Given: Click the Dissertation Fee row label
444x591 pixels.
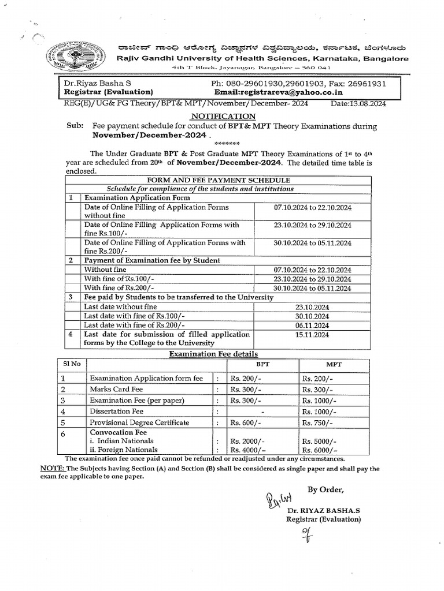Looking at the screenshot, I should (x=116, y=412).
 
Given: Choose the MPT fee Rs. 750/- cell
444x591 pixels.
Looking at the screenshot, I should (x=318, y=422).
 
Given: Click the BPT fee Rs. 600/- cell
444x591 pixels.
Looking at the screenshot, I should (x=246, y=422).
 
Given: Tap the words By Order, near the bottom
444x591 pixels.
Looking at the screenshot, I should (x=325, y=490).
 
